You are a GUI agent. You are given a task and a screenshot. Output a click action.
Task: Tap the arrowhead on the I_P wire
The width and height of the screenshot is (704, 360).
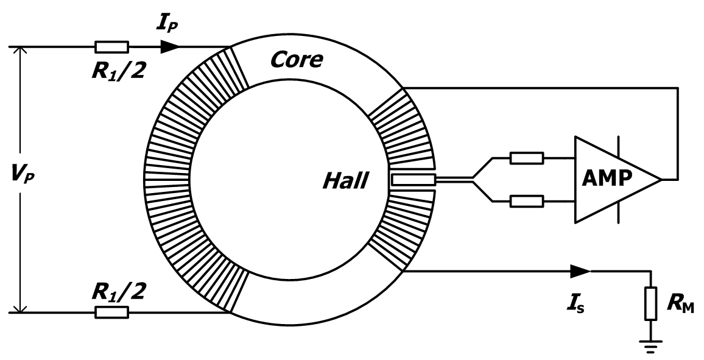click(x=171, y=46)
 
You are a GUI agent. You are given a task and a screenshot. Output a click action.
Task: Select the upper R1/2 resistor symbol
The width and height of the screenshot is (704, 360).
click(x=112, y=46)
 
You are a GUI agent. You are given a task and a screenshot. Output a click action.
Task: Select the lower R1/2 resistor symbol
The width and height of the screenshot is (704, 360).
click(x=112, y=312)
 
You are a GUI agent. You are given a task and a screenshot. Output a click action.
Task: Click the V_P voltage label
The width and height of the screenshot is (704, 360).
click(x=16, y=180)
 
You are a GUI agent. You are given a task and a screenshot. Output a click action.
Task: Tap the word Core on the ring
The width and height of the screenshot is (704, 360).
click(x=297, y=59)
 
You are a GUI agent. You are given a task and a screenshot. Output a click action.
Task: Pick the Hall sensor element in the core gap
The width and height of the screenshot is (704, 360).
click(x=413, y=180)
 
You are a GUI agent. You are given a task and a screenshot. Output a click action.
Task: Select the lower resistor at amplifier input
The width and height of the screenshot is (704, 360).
click(x=526, y=200)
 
